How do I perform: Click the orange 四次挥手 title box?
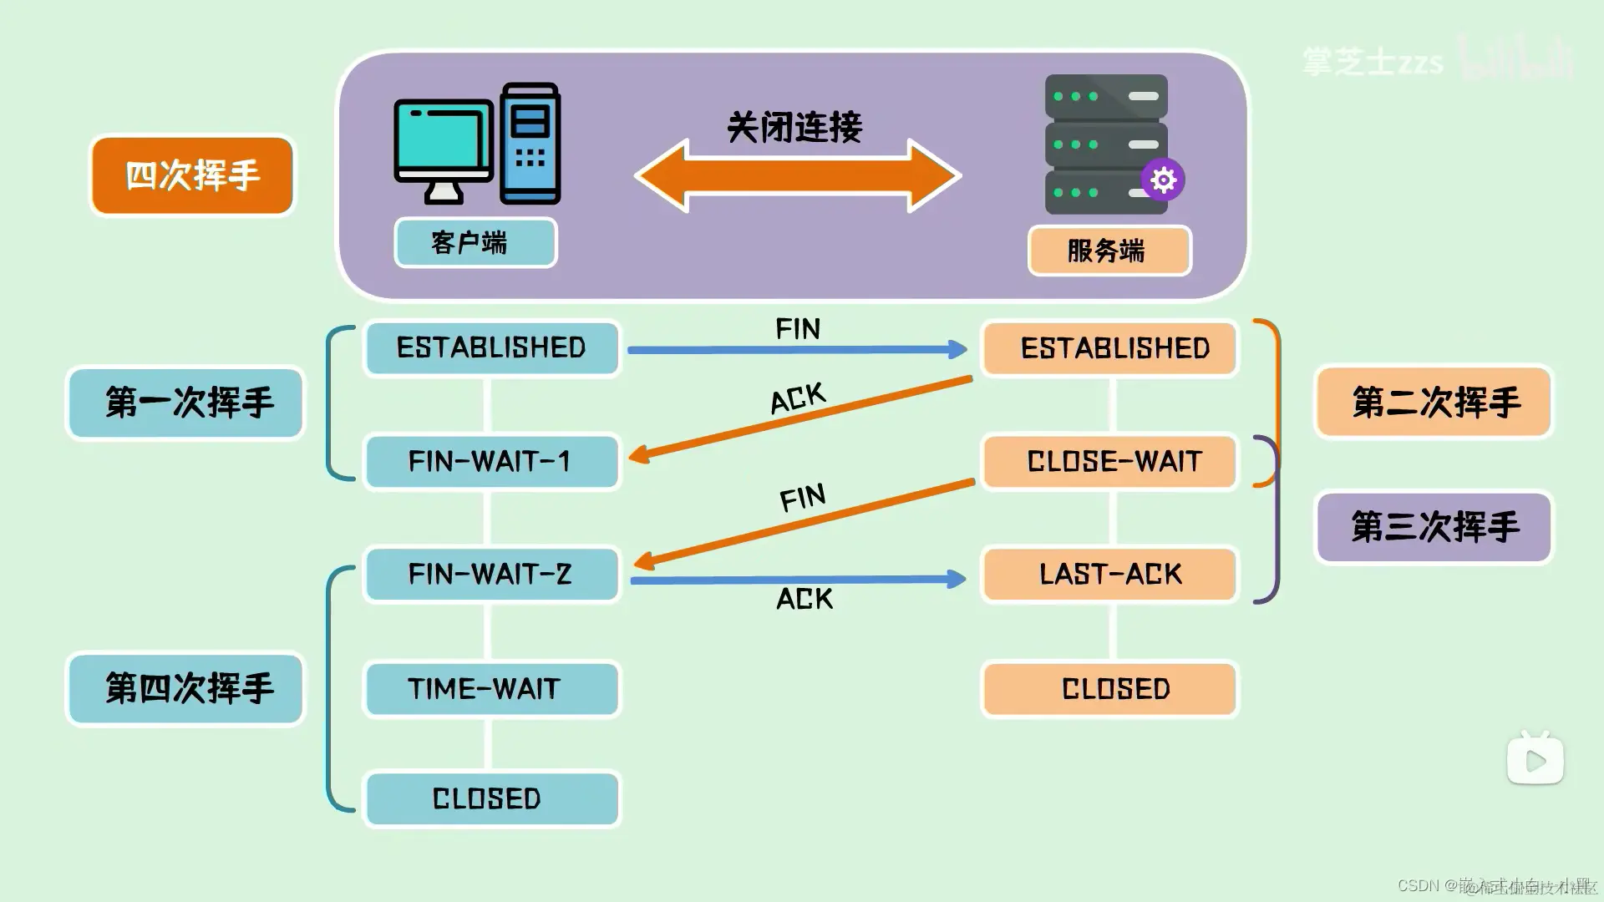point(192,175)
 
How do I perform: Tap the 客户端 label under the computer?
point(475,243)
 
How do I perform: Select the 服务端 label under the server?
point(1109,251)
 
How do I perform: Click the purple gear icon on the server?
point(1163,180)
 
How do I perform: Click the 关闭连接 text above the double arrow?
point(794,128)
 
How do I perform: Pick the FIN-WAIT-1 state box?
point(491,461)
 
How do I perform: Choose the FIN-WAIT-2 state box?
point(491,575)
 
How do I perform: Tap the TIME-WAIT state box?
point(491,689)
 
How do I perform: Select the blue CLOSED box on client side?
point(491,799)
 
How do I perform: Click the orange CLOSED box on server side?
point(1109,689)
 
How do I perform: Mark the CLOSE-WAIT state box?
point(1109,461)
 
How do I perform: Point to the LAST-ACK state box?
point(1109,575)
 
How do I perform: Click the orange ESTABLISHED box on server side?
point(1109,348)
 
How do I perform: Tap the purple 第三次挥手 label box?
point(1434,527)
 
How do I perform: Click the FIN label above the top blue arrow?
point(798,329)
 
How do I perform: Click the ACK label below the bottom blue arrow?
point(805,599)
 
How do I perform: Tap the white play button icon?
point(1535,760)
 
